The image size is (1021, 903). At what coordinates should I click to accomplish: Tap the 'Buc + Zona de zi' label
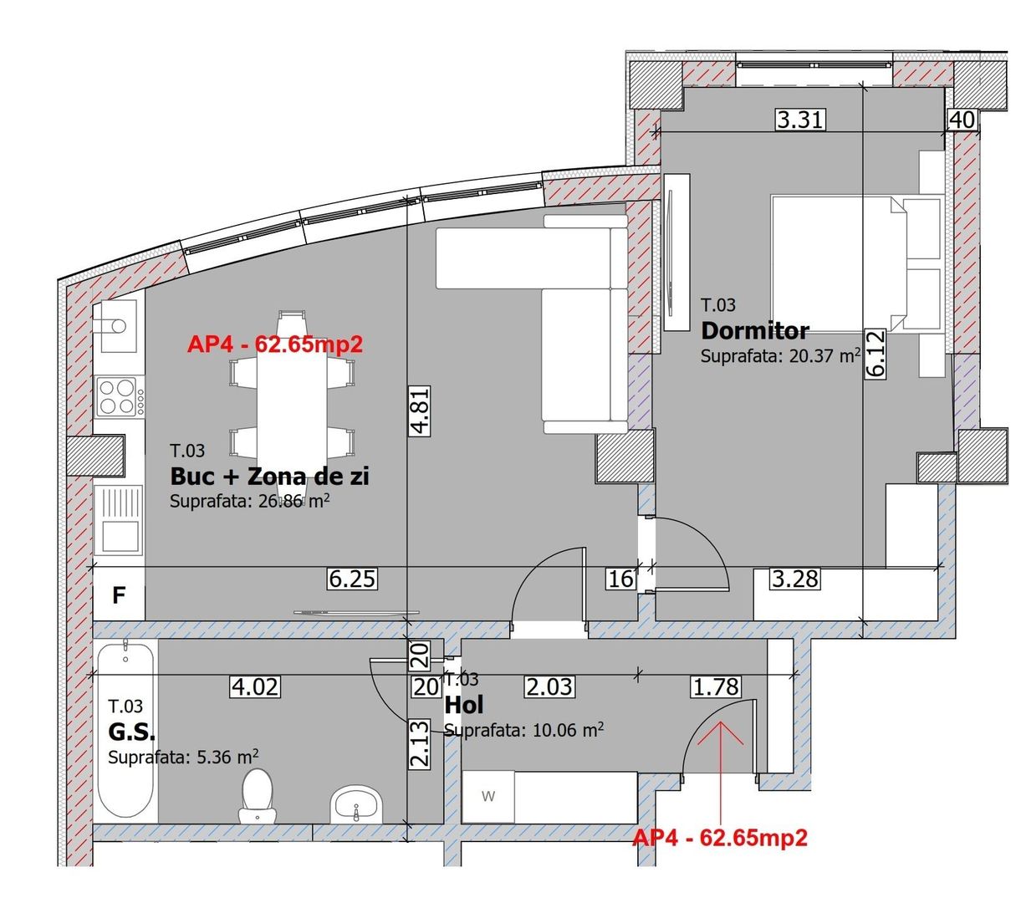pos(269,477)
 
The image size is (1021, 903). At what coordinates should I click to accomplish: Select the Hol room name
pos(464,704)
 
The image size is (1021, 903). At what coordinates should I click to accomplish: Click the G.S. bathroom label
pos(131,732)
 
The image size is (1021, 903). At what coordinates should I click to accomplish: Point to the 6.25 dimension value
pos(352,578)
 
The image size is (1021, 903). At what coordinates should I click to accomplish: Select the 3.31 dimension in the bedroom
pos(800,120)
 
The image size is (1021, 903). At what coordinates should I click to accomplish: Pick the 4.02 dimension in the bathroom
pos(255,687)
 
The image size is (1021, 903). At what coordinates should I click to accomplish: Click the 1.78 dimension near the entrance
pos(716,687)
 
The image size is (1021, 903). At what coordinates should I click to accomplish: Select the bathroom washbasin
pos(356,805)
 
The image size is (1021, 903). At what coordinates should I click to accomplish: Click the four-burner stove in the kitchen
pos(117,396)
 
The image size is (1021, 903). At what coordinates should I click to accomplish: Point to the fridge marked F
pos(119,595)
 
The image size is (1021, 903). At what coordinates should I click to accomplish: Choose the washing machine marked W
pos(488,797)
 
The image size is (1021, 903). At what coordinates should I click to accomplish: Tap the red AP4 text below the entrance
pos(720,838)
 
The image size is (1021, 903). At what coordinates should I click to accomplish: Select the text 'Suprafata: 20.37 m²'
pos(780,356)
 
